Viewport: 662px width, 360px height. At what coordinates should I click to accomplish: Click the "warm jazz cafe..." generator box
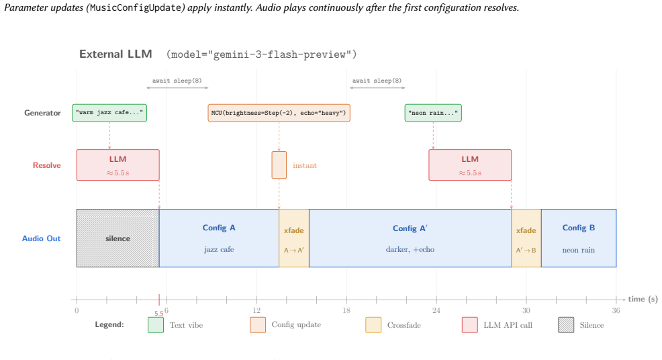(x=109, y=113)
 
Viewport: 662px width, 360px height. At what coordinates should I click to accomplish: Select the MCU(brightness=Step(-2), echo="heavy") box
(x=279, y=113)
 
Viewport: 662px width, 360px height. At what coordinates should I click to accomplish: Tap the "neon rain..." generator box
(x=433, y=113)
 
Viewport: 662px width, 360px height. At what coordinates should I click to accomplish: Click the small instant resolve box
(x=279, y=165)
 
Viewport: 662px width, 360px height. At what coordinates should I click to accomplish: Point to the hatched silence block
(x=117, y=238)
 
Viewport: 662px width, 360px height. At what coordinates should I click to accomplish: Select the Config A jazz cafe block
(x=219, y=238)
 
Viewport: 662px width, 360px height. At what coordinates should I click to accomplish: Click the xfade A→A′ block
(x=294, y=238)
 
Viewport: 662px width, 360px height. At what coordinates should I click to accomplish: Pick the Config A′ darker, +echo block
(x=410, y=238)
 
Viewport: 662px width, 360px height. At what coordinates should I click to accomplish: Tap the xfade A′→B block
(x=526, y=238)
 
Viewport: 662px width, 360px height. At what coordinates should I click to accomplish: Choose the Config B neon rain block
(x=579, y=238)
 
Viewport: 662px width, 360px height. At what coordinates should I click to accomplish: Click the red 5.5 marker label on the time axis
(x=158, y=314)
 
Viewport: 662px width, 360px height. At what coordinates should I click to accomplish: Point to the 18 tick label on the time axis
(x=346, y=310)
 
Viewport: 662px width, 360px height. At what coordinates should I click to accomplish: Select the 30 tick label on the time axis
(x=526, y=310)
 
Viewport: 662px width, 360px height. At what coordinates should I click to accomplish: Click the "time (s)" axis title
(x=643, y=299)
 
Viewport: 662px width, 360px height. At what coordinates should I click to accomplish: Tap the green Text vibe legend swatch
(x=156, y=325)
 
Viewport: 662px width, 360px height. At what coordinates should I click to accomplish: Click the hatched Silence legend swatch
(x=566, y=325)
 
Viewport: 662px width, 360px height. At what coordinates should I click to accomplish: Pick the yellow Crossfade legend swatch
(x=374, y=325)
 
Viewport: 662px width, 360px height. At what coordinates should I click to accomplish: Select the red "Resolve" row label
(x=47, y=165)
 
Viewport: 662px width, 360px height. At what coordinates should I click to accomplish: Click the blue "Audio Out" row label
(x=42, y=238)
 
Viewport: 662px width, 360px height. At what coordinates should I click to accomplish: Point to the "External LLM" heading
(x=115, y=54)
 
